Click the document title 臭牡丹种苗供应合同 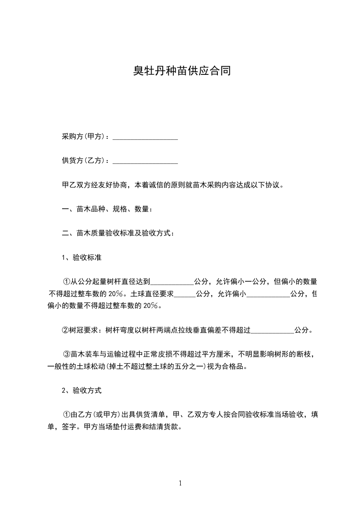tap(182, 71)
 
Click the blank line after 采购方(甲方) tap(145, 137)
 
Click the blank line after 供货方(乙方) tap(145, 161)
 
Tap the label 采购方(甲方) tap(84, 137)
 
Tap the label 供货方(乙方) tap(84, 161)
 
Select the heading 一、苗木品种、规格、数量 tap(107, 209)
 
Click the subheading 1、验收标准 tap(81, 258)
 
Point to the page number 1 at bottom tap(180, 483)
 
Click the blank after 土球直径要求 tap(185, 294)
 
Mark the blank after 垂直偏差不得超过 tap(272, 330)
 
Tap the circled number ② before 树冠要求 tap(65, 330)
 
